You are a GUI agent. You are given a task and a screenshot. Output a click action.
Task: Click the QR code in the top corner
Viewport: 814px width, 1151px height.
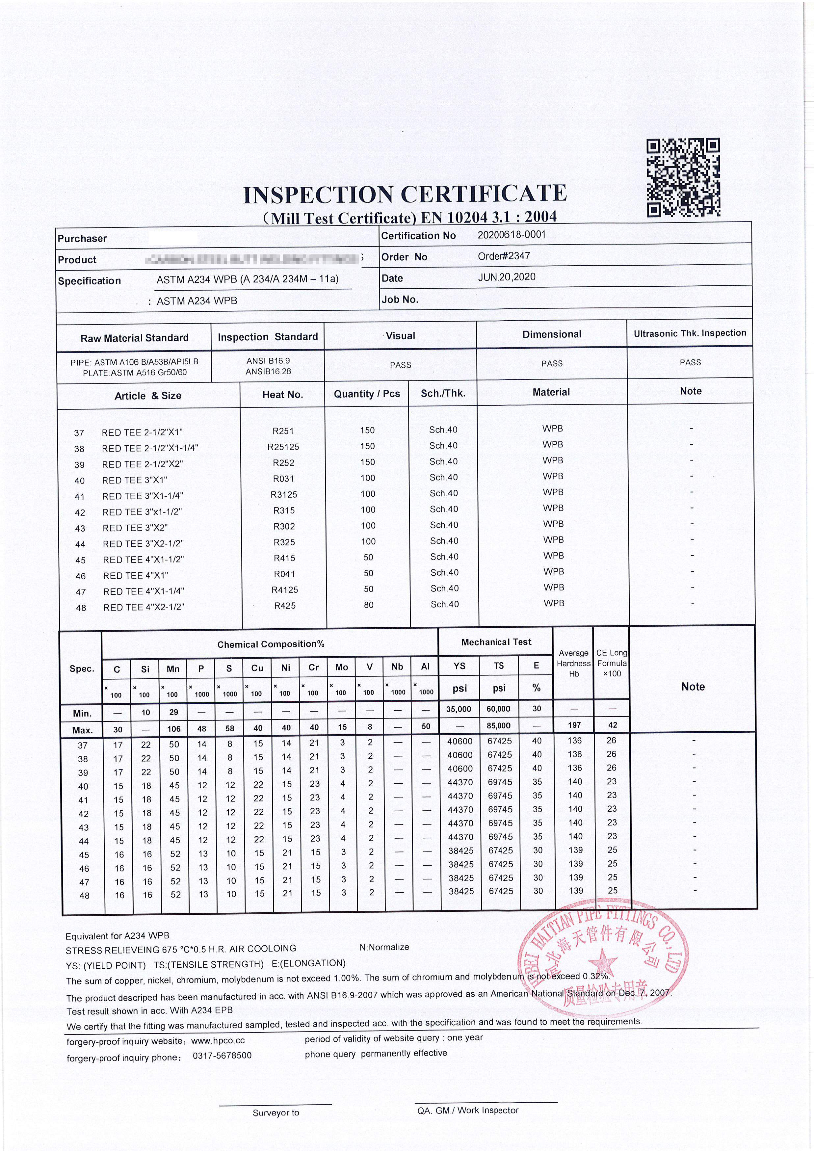683,178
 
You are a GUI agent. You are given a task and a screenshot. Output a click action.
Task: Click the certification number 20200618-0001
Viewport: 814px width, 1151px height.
511,235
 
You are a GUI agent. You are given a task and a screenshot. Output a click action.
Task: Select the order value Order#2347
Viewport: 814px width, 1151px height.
504,256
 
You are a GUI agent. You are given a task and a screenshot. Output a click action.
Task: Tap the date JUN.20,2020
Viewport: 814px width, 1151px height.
506,277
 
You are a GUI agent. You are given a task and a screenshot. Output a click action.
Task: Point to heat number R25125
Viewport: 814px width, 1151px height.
283,447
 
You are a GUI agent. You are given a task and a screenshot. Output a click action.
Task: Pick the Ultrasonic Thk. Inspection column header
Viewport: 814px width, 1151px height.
690,333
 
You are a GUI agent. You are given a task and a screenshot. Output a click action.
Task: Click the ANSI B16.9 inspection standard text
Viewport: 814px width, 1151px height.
268,361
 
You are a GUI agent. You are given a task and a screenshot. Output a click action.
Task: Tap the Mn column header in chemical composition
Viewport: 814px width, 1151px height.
173,669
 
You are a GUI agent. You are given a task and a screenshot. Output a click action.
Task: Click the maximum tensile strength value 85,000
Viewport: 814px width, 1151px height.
499,725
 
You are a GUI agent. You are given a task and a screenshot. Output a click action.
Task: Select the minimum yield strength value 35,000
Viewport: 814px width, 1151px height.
459,709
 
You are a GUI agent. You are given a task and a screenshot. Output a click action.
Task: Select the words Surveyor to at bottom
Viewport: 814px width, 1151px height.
276,1113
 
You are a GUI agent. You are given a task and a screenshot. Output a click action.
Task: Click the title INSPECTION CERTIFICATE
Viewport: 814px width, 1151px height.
405,195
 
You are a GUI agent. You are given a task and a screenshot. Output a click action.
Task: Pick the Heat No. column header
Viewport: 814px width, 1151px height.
283,395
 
